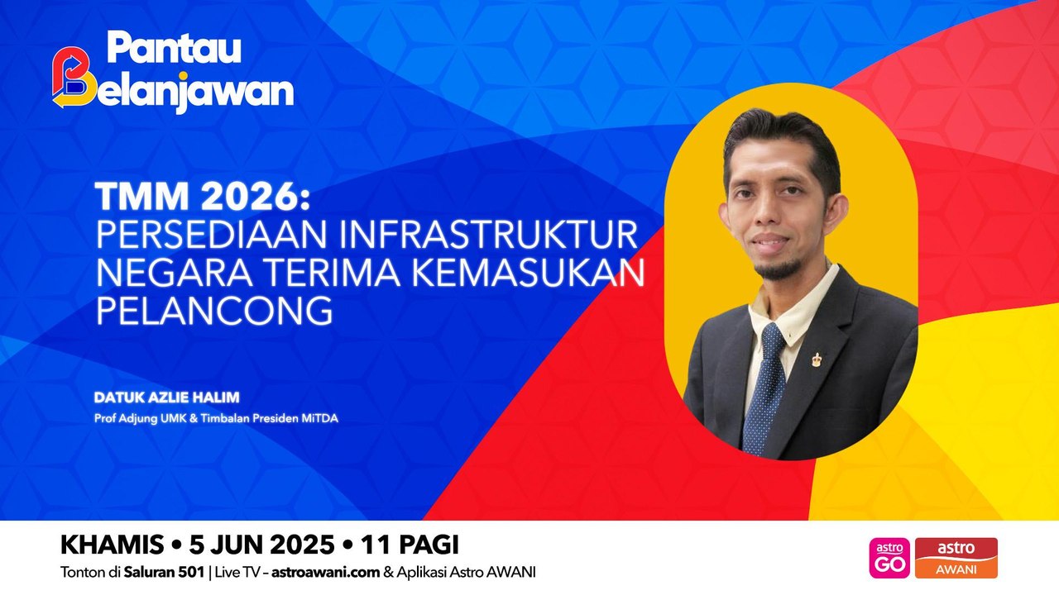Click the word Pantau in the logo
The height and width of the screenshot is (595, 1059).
[x=174, y=50]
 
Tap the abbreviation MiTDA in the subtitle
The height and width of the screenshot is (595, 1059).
[x=319, y=418]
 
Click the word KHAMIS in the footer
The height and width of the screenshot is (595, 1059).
[x=111, y=545]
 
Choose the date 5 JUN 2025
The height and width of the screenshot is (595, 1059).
[x=260, y=545]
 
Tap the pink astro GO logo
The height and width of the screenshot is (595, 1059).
[x=889, y=558]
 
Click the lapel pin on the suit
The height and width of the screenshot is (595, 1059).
[x=817, y=359]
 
